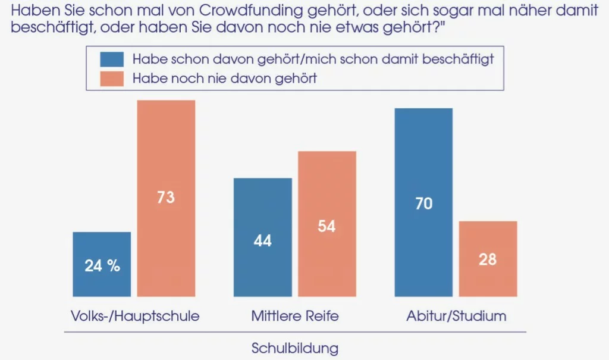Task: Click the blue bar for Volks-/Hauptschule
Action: click(x=102, y=264)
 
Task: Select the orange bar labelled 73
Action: click(x=167, y=198)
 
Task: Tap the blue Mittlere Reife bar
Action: click(x=262, y=237)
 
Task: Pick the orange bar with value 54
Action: click(x=327, y=224)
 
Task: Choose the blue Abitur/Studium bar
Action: click(x=423, y=202)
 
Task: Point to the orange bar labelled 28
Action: click(x=488, y=259)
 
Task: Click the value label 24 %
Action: click(x=102, y=266)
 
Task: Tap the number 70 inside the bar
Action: click(x=423, y=204)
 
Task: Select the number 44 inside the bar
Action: click(x=262, y=241)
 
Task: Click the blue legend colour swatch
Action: click(x=112, y=60)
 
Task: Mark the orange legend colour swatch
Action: click(x=112, y=79)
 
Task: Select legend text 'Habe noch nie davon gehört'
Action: click(x=225, y=79)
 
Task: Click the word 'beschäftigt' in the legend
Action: click(x=458, y=59)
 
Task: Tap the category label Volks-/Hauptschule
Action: click(x=135, y=316)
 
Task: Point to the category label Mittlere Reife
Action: click(x=295, y=316)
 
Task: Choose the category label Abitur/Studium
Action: click(x=456, y=316)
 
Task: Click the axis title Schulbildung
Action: click(x=295, y=348)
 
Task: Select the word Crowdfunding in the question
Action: click(x=251, y=11)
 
